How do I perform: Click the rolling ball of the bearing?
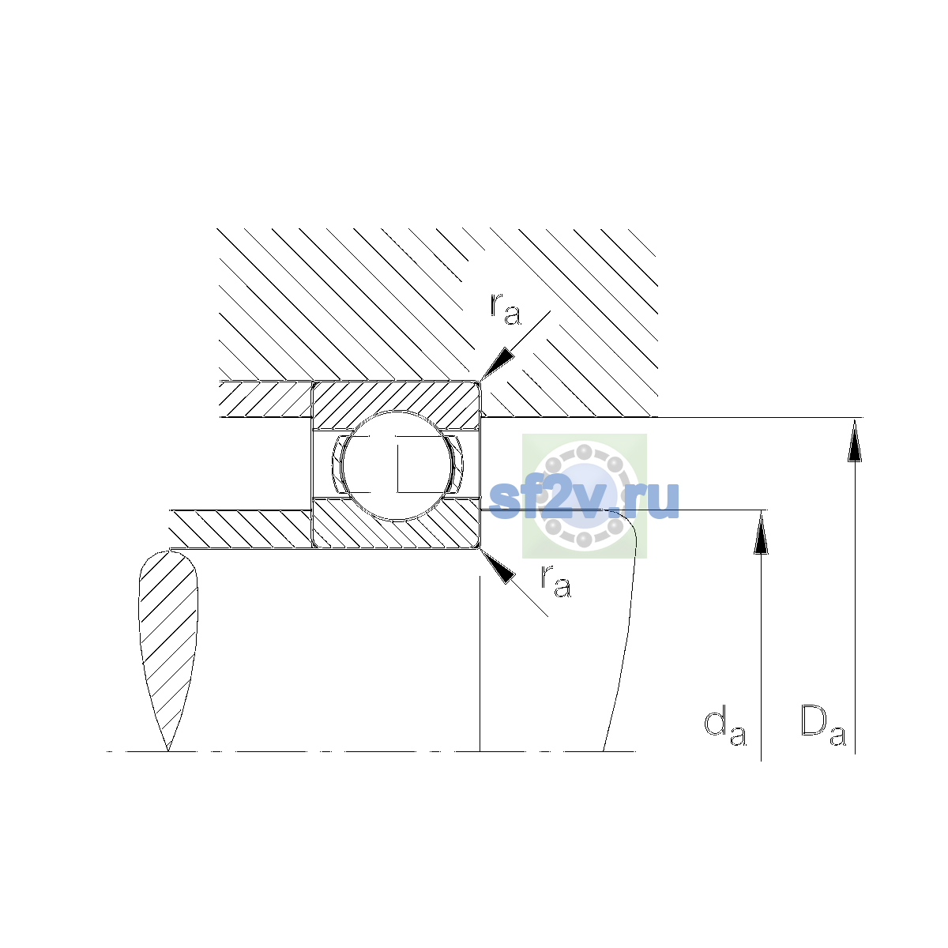[x=397, y=465]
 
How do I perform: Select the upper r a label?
[x=506, y=310]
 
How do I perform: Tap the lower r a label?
[x=556, y=582]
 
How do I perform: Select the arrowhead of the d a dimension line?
[x=761, y=532]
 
